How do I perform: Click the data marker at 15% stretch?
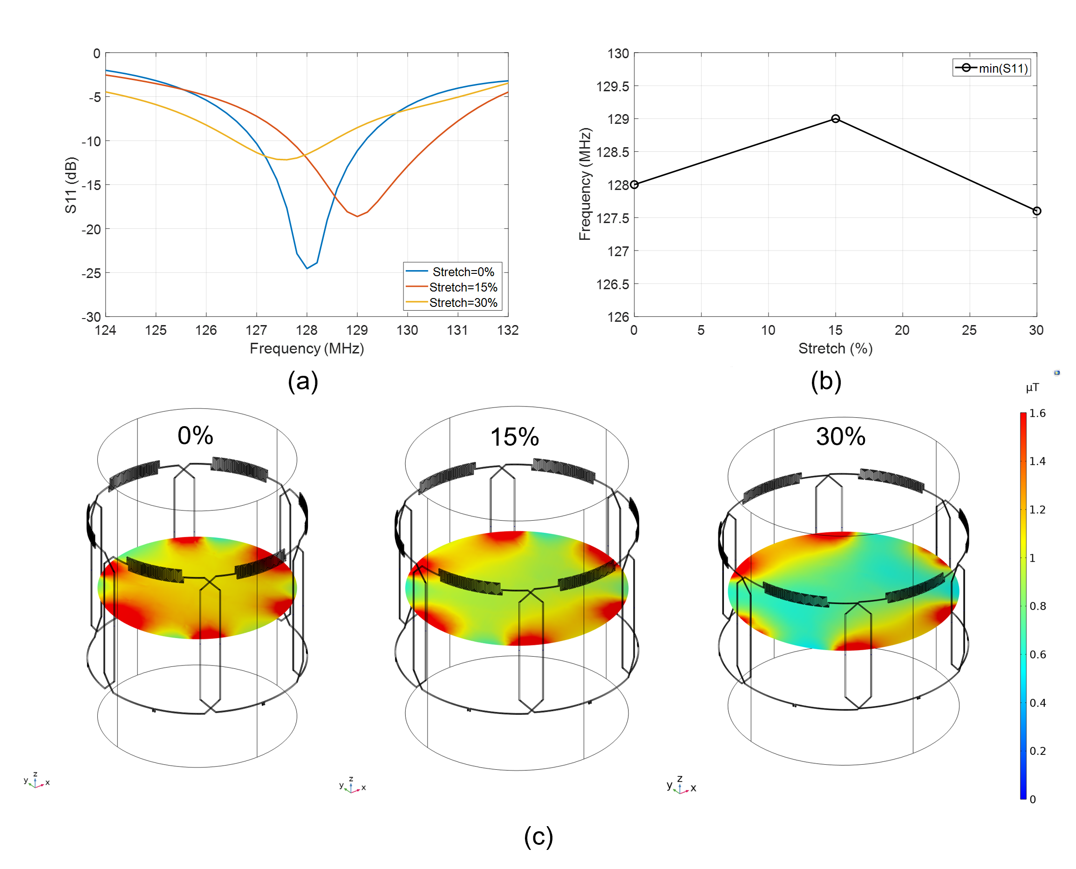tap(835, 119)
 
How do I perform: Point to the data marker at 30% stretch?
tap(1036, 211)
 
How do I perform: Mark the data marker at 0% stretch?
tap(634, 185)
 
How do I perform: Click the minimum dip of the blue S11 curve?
tap(307, 268)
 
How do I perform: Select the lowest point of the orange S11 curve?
tap(357, 216)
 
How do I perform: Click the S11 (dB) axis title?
tap(71, 185)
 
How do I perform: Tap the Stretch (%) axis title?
tap(835, 348)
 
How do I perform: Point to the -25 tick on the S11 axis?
tap(91, 273)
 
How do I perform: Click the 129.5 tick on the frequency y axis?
tap(613, 87)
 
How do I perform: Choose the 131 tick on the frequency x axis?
tap(457, 330)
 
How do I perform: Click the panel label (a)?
tap(303, 381)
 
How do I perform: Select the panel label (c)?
tap(538, 836)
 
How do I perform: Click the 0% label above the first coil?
tap(195, 435)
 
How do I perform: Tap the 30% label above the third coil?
tap(841, 436)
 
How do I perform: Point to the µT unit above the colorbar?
tap(1032, 387)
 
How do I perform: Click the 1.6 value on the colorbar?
tap(1037, 413)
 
